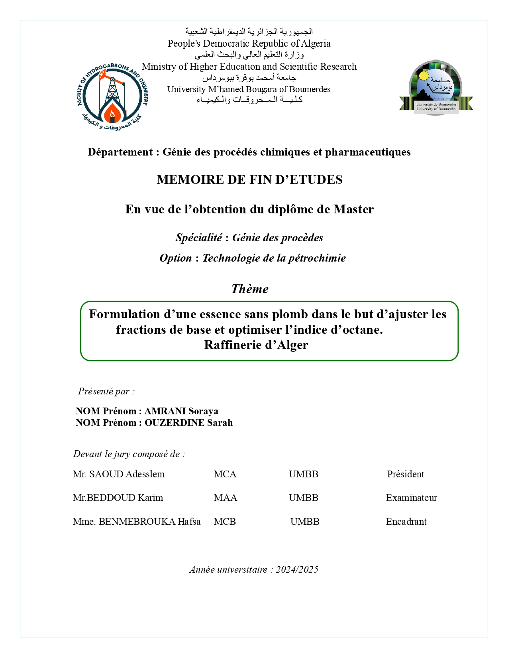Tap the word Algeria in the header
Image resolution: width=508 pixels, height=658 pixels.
coord(315,43)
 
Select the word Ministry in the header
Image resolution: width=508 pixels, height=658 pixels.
coord(159,67)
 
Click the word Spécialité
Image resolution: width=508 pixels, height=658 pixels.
coord(198,238)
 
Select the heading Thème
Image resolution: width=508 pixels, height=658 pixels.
coord(250,289)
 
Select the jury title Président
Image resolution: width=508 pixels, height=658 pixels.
coord(406,474)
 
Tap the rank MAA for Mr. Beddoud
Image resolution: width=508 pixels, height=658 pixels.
coord(226,498)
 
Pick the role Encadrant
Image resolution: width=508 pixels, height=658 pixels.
coord(406,522)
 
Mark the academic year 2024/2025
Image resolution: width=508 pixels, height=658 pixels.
coord(297,569)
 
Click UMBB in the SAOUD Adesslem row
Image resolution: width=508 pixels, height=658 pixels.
coord(304,474)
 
